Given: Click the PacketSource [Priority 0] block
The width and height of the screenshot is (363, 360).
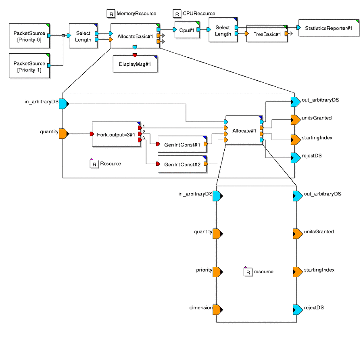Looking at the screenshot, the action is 29,36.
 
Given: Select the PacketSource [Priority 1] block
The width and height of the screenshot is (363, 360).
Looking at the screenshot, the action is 29,66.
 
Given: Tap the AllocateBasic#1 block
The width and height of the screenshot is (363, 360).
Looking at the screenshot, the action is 135,36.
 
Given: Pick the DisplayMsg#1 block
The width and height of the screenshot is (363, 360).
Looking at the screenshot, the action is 135,64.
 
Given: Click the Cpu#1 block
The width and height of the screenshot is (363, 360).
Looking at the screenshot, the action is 187,30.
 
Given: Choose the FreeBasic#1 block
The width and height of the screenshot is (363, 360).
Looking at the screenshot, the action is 267,34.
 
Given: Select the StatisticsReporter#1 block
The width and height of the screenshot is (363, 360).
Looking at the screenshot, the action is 329,28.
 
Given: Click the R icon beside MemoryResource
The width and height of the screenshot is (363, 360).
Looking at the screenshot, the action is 111,14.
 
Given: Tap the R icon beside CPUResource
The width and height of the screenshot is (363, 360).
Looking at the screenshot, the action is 177,14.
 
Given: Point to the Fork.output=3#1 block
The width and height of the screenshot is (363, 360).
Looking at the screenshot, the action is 116,134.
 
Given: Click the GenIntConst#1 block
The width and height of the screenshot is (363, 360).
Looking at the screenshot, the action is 182,144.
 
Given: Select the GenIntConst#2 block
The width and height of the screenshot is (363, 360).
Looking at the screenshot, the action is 182,164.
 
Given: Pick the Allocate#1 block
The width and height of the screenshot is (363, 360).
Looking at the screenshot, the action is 244,130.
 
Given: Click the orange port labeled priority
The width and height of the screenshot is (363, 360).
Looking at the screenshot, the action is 218,272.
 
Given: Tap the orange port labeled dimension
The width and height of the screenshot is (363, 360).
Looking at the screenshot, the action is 218,310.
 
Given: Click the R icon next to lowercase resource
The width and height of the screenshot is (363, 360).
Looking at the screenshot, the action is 248,272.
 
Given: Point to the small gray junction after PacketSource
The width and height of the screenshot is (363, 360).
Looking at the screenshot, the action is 63,36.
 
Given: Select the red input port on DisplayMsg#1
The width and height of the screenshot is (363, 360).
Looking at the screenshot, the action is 135,55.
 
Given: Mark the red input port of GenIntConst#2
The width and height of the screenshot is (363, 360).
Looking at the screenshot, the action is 158,164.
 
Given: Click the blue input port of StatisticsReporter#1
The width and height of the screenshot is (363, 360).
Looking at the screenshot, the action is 298,28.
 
